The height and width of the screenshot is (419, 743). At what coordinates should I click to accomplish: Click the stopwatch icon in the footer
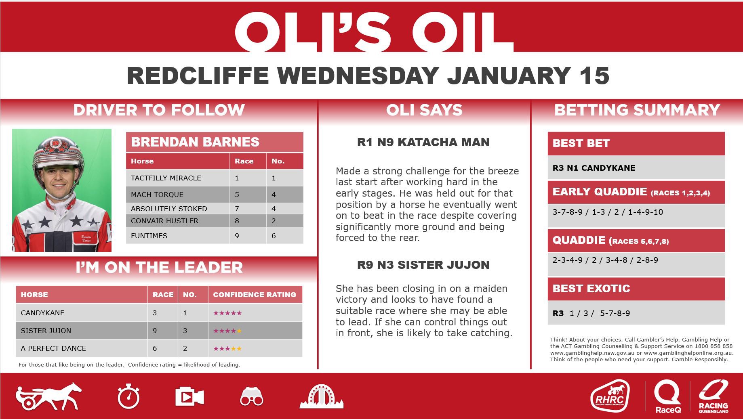point(128,397)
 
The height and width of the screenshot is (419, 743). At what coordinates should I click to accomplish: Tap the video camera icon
point(189,397)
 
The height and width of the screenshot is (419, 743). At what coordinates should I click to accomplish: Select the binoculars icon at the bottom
point(251,396)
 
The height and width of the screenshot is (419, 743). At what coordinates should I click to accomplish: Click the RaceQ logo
point(668,397)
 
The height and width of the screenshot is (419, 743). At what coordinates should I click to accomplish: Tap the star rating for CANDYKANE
point(227,313)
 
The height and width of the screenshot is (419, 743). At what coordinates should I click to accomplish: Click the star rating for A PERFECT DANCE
point(227,348)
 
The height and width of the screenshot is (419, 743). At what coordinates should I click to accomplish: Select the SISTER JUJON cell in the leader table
point(82,331)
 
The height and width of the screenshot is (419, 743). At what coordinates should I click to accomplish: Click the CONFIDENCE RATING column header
point(255,295)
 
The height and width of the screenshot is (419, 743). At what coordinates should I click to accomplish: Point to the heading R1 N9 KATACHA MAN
point(423,142)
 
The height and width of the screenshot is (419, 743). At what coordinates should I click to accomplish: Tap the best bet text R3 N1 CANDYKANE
point(594,168)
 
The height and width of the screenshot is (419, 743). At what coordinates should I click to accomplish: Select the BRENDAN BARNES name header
point(195,142)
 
